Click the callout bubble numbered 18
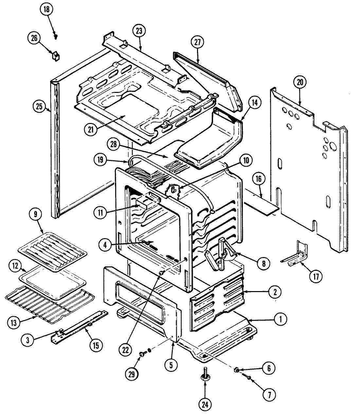click(46, 9)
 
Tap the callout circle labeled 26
click(34, 38)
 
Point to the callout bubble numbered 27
click(197, 43)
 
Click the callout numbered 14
click(255, 102)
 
